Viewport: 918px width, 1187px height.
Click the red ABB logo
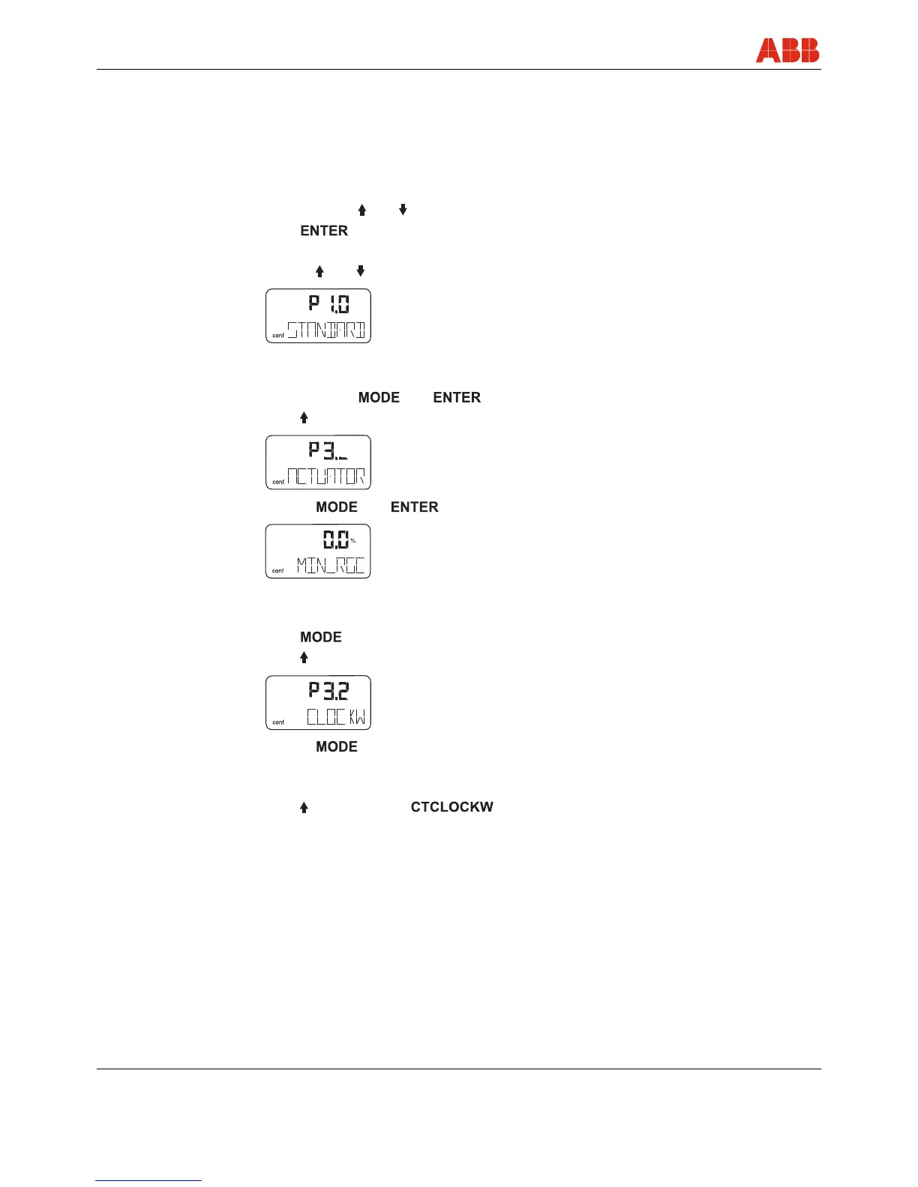787,50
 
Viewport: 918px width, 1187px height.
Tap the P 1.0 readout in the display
329,303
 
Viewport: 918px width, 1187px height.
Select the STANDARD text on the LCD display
327,330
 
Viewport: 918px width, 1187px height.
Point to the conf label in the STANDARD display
278,336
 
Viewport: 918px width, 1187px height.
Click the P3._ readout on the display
328,450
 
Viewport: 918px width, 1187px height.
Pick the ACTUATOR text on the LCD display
327,477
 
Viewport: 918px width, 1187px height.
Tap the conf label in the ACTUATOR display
278,482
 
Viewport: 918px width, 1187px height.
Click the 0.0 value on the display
335,540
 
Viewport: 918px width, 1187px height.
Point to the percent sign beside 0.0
353,540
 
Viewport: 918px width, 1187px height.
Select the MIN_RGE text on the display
331,565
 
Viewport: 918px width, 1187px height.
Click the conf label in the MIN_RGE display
278,570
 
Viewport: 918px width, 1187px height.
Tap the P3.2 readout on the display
328,690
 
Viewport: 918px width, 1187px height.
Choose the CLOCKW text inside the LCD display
336,717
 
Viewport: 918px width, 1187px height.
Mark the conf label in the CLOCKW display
278,722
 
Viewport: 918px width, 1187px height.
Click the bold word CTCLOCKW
451,807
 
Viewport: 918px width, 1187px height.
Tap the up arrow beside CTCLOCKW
304,807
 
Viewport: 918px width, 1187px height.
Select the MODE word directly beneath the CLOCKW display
337,746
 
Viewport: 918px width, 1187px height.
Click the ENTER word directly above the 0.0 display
414,507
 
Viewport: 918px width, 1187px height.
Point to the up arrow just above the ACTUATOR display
304,417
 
